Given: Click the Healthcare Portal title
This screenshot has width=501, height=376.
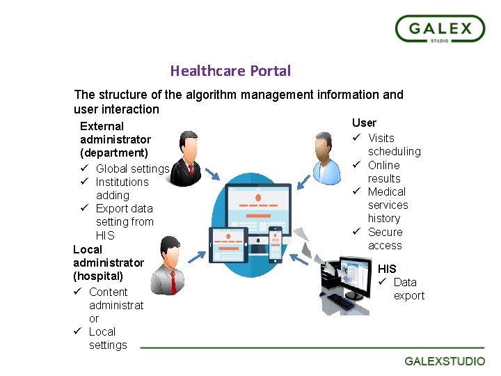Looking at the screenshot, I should pos(230,71).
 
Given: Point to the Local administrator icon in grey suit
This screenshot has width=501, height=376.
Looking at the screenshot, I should pos(169,265).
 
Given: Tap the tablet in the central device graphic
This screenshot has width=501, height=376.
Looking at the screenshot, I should pos(228,244).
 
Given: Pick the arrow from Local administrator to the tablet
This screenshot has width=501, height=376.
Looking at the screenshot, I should pos(198,256).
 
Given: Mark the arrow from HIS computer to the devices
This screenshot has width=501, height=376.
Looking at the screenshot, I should pos(299,259).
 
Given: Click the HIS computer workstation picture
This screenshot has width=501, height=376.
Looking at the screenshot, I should pos(346,285).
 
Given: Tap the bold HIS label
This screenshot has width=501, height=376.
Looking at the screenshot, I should pos(387,269).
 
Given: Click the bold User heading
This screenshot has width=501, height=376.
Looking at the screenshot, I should pos(364,123).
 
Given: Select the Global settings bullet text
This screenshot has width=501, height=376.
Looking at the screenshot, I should pos(132,169).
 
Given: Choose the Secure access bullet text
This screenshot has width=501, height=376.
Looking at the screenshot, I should pos(385,239).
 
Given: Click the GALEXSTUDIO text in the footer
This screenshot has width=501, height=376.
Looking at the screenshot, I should pos(445,361).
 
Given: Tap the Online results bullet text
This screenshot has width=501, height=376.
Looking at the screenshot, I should pos(383,172).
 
